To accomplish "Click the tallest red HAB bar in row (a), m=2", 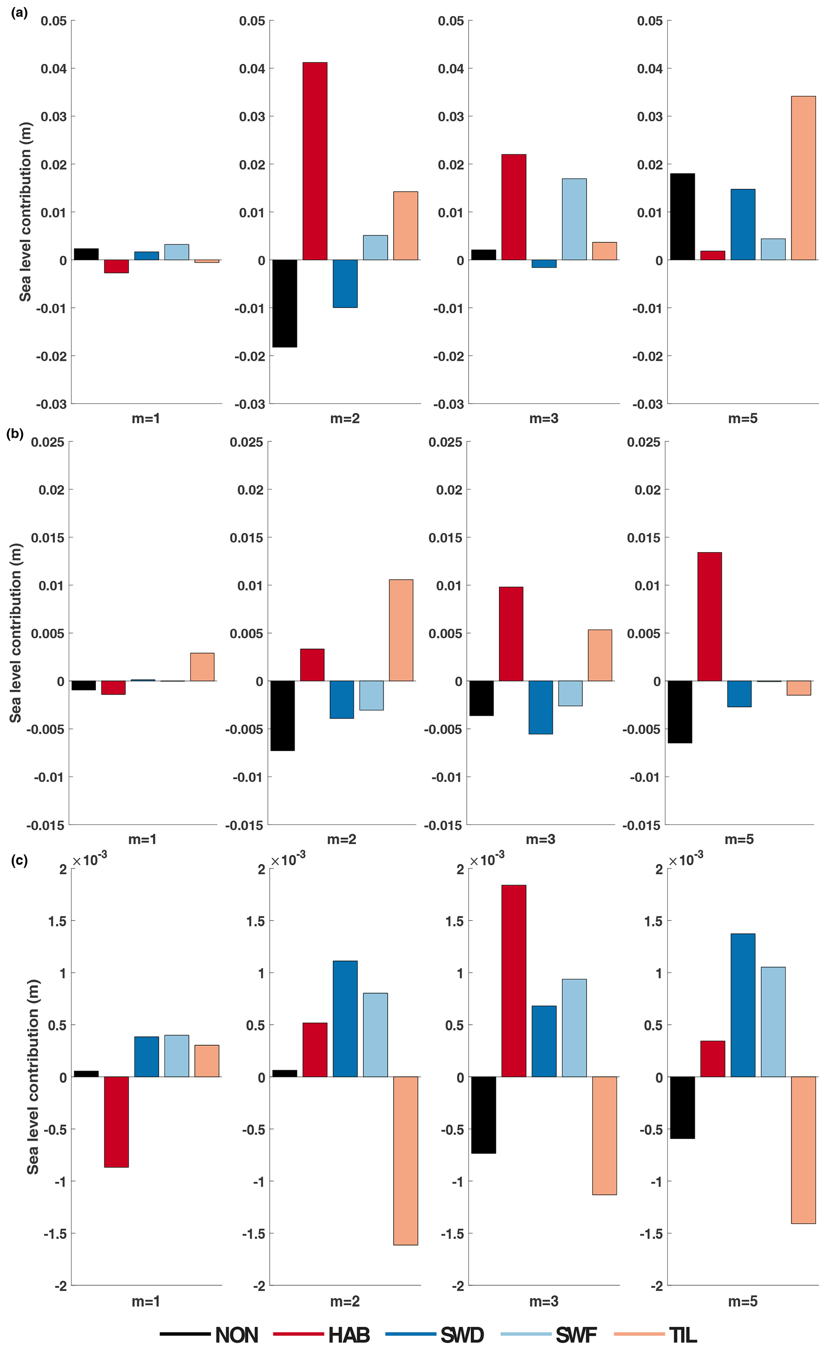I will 314,161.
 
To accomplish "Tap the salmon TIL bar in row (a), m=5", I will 803,178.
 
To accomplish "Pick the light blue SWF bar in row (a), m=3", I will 574,219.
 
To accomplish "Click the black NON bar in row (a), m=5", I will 682,217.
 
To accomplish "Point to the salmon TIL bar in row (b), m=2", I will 401,630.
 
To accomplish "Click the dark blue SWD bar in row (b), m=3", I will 541,707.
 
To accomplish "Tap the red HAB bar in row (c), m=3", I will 514,981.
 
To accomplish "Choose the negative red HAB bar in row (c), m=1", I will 116,1121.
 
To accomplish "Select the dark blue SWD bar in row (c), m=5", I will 743,1006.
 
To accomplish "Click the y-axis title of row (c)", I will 33,1077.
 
